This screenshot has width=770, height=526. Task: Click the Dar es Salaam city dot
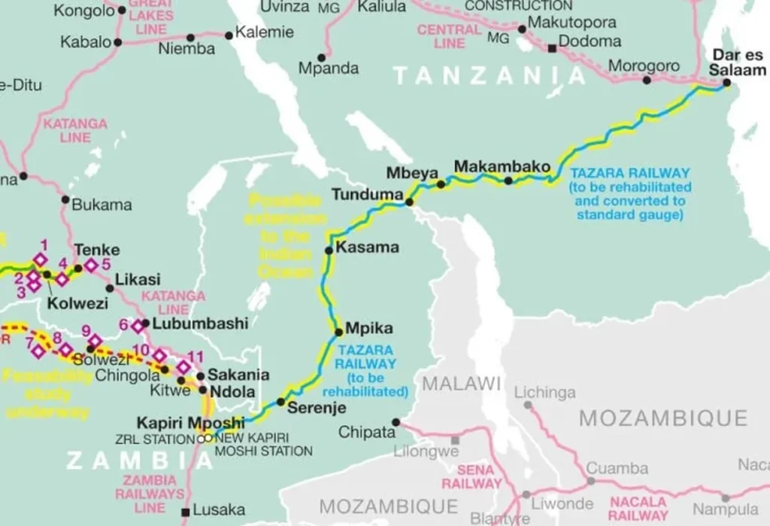click(x=726, y=83)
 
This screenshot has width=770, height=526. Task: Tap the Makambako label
click(x=502, y=166)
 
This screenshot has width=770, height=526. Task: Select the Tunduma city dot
click(x=409, y=202)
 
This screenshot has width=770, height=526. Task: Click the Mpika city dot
click(x=339, y=331)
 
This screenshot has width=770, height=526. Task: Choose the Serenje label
click(x=316, y=408)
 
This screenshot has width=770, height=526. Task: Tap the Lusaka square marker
click(x=186, y=512)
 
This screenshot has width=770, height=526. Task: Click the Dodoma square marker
click(x=552, y=48)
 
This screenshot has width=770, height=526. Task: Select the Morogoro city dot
click(x=645, y=80)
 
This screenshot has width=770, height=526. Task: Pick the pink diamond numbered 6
click(x=138, y=326)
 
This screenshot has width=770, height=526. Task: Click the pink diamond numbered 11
click(x=183, y=367)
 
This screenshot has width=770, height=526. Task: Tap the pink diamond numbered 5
click(x=91, y=265)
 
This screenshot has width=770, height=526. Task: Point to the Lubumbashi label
click(x=200, y=324)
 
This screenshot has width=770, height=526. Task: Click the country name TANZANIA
click(x=490, y=75)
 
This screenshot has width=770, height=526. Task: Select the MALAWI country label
click(x=461, y=383)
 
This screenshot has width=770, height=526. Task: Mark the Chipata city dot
click(x=396, y=422)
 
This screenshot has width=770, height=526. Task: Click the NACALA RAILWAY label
click(x=638, y=508)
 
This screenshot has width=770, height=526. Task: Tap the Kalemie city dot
click(x=229, y=35)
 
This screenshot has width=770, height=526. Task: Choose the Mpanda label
click(x=329, y=68)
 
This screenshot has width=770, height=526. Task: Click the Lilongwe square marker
click(x=455, y=440)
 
